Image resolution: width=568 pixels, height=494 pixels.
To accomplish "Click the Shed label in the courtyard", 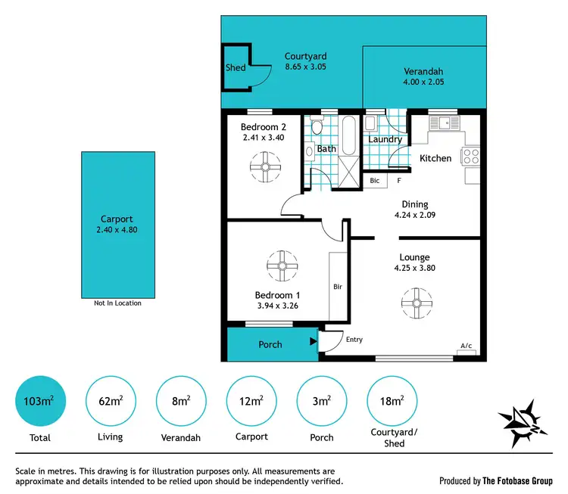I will pos(235,68).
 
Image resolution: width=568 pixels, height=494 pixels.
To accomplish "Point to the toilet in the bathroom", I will pos(315,129).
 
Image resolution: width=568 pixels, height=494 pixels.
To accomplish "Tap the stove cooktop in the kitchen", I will pos(470,157).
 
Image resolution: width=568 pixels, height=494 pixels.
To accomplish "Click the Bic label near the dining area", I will pos(374,181).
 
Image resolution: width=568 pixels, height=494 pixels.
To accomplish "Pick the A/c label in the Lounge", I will pos(466,346).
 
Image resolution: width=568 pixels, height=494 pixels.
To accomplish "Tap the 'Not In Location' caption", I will pos(117,303).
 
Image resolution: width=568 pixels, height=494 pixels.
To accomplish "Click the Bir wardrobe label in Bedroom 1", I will pos(339,287).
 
